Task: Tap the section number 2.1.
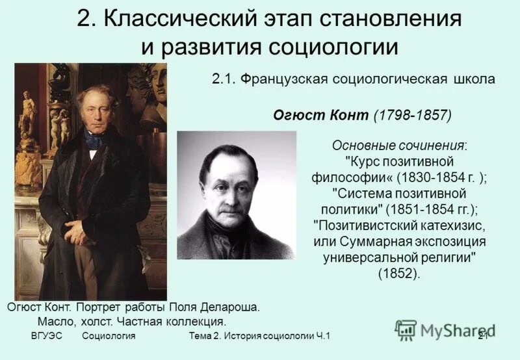(x=224, y=79)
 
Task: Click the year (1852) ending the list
(x=399, y=274)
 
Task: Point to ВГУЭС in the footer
(x=47, y=336)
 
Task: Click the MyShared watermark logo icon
(x=406, y=330)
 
